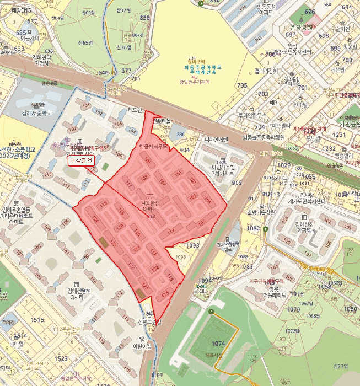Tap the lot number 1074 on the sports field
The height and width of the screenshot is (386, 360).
218,344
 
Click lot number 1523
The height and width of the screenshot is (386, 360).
61,358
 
